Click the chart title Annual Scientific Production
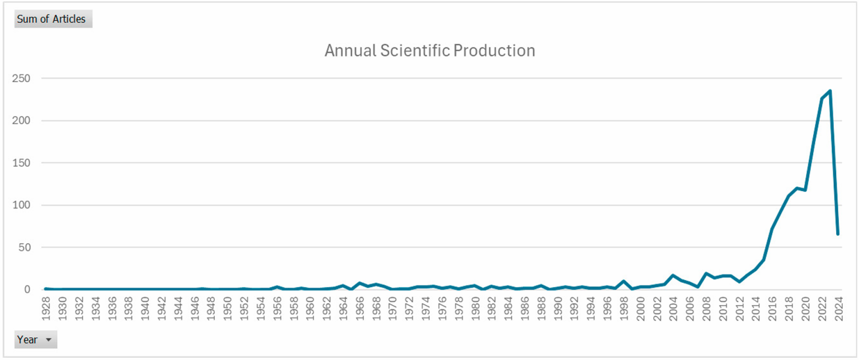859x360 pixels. tap(429, 51)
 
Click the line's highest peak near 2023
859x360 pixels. tap(830, 91)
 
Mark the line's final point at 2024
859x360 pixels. tap(838, 234)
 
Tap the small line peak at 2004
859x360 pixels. tap(673, 276)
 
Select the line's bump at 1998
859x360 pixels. tap(624, 281)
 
